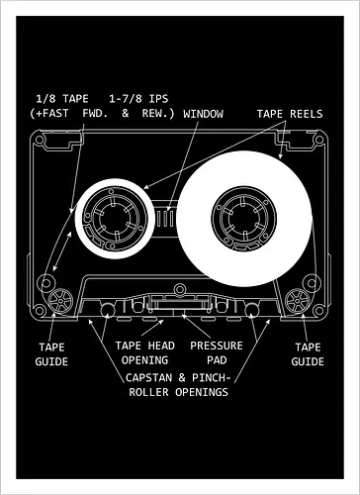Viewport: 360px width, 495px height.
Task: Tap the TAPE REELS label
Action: click(x=289, y=114)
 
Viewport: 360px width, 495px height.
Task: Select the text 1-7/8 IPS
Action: click(x=135, y=99)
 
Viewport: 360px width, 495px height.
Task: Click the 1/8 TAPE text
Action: click(x=62, y=99)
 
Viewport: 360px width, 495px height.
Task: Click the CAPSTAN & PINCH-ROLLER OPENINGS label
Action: click(x=179, y=384)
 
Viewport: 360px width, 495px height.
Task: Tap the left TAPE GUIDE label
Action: click(x=51, y=354)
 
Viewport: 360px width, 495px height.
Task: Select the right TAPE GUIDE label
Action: click(x=309, y=354)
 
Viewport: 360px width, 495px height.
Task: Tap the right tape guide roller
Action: click(x=298, y=298)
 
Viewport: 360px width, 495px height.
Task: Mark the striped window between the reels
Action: click(x=170, y=213)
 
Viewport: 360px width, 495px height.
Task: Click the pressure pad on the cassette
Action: click(x=179, y=309)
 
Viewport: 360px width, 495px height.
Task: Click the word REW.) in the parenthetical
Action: click(x=156, y=114)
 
